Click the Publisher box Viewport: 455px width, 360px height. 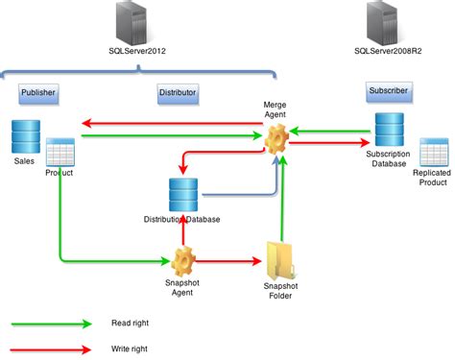(39, 93)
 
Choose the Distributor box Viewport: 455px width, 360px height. (177, 93)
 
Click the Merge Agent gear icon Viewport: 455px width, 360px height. (277, 138)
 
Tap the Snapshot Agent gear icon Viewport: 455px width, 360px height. (183, 259)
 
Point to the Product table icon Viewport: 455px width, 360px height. (60, 151)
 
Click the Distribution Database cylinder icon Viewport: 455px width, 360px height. (182, 195)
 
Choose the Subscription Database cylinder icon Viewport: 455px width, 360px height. (389, 130)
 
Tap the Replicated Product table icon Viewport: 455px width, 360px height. (435, 155)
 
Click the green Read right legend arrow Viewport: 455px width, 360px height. (53, 324)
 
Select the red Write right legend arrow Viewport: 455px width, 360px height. (53, 348)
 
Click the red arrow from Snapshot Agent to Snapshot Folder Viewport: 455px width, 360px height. (230, 260)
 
